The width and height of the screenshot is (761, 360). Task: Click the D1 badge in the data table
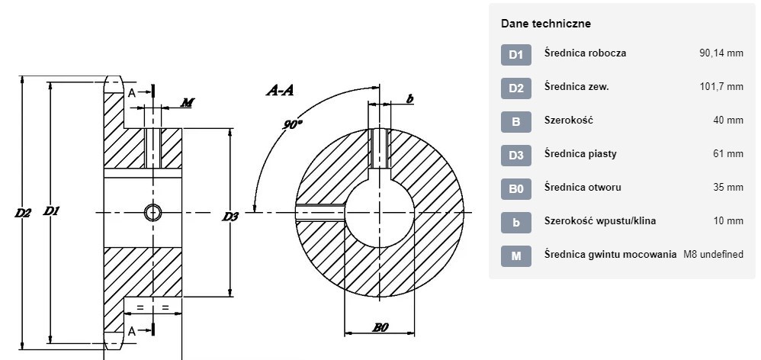(516, 55)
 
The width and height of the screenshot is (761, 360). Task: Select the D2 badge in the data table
(516, 88)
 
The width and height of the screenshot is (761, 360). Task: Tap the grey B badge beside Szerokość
(516, 122)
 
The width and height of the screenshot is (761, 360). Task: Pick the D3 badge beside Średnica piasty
(516, 156)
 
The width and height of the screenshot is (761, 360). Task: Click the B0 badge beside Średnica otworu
(516, 188)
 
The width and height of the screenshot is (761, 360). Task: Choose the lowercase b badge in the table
(516, 222)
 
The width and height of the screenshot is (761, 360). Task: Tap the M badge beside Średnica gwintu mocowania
(516, 256)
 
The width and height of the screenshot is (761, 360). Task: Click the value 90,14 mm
(721, 53)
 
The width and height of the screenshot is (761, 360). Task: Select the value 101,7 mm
(721, 87)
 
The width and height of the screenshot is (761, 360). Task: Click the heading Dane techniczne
(546, 24)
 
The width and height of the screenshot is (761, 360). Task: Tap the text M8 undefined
(714, 254)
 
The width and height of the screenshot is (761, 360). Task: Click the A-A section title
(280, 90)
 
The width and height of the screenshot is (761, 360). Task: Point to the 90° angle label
(292, 124)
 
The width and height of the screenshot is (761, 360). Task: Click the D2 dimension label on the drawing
(23, 213)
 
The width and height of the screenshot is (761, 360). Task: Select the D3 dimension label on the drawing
(230, 217)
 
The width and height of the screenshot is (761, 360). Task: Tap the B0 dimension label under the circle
(380, 327)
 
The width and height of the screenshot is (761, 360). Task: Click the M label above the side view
(188, 102)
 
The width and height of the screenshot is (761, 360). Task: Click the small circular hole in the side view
(153, 213)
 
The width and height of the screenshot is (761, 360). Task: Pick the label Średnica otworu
(583, 188)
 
